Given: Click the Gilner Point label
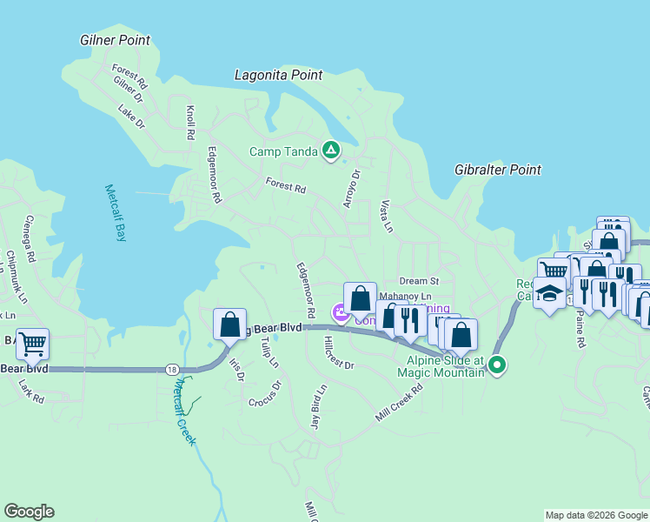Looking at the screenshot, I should tap(115, 40).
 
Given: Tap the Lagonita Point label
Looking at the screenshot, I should tap(278, 76).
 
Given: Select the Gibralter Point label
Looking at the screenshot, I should tap(498, 171).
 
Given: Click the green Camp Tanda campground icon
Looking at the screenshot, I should tap(330, 151).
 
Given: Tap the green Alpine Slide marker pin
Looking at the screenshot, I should tap(497, 365).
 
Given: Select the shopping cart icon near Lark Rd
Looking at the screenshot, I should tap(32, 344).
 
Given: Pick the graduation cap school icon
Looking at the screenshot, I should tap(549, 293).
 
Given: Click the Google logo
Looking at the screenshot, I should tap(29, 512).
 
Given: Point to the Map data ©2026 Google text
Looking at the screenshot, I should tap(596, 515).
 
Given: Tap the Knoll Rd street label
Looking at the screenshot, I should tap(190, 123).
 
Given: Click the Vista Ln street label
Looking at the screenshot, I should tap(388, 216).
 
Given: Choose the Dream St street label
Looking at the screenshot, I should tap(420, 281).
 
